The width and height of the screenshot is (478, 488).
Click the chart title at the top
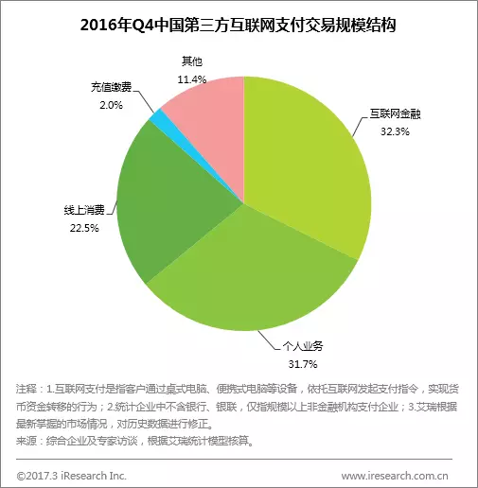[239, 26]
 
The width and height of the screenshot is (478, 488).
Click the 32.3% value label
[395, 131]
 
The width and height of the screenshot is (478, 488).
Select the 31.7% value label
[303, 364]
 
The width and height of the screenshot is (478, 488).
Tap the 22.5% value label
[84, 228]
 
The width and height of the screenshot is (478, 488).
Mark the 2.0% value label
[111, 105]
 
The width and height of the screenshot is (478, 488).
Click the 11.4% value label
[192, 79]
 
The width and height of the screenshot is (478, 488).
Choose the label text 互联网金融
[395, 113]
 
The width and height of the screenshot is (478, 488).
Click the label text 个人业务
[303, 346]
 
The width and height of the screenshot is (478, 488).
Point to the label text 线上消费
[84, 210]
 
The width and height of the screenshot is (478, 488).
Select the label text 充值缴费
[111, 87]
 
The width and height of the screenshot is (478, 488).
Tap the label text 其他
[192, 61]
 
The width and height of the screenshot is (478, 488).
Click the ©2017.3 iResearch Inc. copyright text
[72, 476]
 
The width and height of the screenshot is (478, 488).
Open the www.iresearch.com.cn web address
[395, 476]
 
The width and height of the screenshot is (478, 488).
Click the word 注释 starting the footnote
[27, 389]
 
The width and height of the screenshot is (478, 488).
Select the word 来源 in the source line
[27, 441]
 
